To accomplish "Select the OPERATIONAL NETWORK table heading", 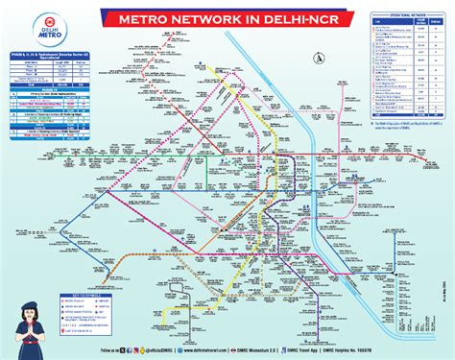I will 403,18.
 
